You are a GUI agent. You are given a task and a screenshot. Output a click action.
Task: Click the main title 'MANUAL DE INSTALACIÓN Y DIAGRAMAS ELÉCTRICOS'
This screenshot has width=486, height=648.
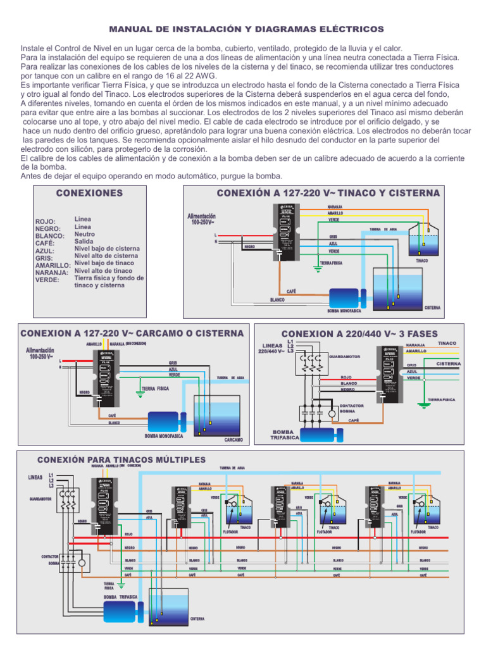pos(247,29)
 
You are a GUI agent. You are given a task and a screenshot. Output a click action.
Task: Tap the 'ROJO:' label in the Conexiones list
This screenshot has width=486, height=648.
pos(46,221)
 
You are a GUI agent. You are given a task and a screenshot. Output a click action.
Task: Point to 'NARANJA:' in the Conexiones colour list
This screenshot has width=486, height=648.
pos(51,273)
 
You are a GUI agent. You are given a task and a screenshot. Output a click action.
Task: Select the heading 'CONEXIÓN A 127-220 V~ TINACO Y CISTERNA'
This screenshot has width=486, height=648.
pos(328,193)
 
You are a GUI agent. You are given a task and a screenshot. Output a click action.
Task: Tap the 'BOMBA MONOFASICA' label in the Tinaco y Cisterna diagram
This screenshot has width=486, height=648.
pos(344,311)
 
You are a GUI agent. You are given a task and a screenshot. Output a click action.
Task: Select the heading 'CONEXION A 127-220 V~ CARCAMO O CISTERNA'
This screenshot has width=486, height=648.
pos(132,333)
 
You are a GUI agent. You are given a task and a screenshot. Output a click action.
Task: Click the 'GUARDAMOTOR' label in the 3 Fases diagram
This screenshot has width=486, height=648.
pos(344,356)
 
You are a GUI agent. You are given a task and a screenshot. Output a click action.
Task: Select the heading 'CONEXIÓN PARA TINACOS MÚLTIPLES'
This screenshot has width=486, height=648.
pos(121,459)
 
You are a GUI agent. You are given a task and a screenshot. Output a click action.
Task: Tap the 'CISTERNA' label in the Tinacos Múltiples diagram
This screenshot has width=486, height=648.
pos(197,618)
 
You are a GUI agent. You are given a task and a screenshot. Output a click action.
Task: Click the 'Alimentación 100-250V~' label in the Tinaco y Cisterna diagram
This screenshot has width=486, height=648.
pos(206,219)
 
